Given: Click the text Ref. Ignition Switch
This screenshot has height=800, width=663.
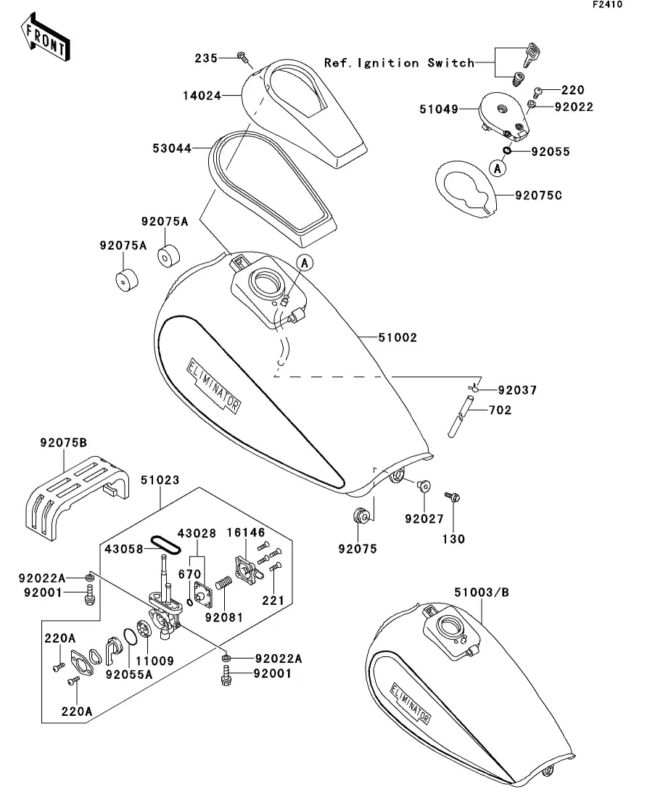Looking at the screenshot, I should (x=399, y=63).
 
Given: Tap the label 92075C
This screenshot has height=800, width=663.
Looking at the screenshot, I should (x=539, y=195).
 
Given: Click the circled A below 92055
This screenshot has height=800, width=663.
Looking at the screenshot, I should (x=497, y=169).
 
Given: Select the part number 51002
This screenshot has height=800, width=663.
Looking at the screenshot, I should (x=398, y=337).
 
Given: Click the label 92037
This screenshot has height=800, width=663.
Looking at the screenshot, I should (x=517, y=390).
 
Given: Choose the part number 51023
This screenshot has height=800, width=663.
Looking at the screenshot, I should (x=160, y=480).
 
